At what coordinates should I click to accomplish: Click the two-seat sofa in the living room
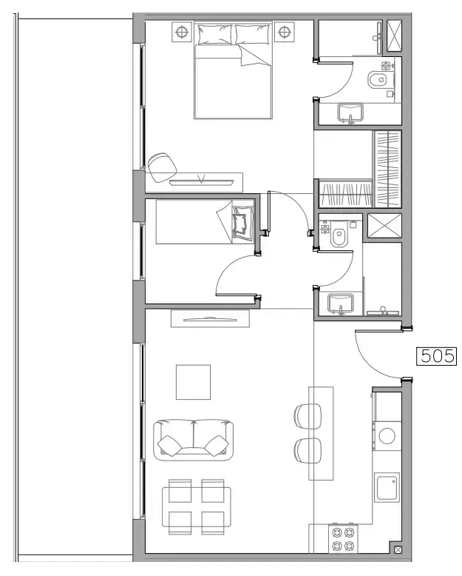pyautogui.click(x=193, y=440)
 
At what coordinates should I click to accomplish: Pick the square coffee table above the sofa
pyautogui.click(x=193, y=381)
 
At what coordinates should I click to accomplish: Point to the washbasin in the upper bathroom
pyautogui.click(x=350, y=113)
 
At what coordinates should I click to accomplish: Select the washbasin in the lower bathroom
pyautogui.click(x=341, y=302)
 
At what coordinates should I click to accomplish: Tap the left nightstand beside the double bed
pyautogui.click(x=181, y=32)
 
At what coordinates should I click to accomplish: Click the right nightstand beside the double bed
pyautogui.click(x=285, y=32)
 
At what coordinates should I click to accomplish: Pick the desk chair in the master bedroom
pyautogui.click(x=160, y=166)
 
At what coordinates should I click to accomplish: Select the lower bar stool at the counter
pyautogui.click(x=308, y=449)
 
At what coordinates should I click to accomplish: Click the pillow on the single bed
pyautogui.click(x=240, y=222)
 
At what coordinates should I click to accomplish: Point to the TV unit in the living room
pyautogui.click(x=211, y=318)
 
